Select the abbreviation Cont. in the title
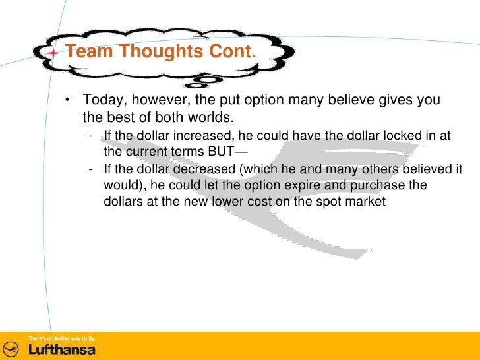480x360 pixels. (231, 51)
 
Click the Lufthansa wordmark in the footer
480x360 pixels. (61, 349)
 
